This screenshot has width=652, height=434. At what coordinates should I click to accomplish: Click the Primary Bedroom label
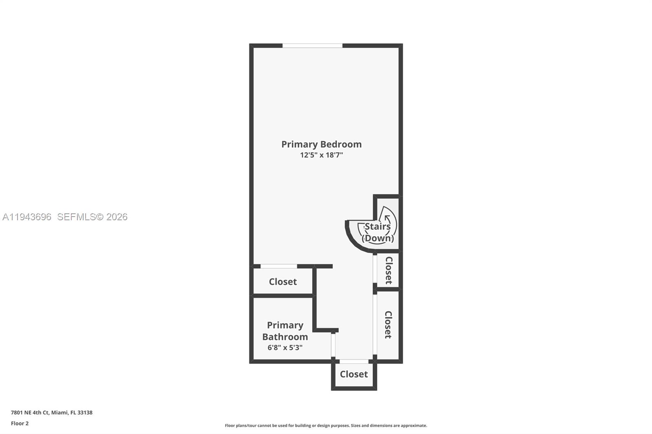coord(321,144)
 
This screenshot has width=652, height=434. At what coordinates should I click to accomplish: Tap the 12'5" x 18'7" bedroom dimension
coord(321,155)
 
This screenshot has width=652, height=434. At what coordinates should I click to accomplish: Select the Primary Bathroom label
coord(285,331)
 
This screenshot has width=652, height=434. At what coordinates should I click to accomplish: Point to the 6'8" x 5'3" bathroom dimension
coord(285,348)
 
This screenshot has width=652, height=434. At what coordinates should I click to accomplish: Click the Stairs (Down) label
coord(378,232)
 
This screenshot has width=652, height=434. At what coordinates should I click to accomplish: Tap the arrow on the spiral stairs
coord(387,219)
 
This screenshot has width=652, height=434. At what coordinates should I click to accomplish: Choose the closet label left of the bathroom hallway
coord(282,282)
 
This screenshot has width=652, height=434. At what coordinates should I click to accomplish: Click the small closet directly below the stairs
coord(388,270)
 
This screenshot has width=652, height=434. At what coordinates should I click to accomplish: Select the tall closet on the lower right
coord(388,324)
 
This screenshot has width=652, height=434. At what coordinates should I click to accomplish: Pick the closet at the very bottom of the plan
coord(354,374)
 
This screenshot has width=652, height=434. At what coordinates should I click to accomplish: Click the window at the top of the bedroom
coord(312,46)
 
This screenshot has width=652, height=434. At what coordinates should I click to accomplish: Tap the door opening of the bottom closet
coord(354,362)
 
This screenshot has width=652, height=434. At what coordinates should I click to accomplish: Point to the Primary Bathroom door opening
coord(333,345)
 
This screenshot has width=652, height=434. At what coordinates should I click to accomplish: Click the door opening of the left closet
coord(279,266)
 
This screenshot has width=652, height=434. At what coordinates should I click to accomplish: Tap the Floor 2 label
coord(20,423)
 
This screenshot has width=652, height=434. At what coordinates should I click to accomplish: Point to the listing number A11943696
coord(27,217)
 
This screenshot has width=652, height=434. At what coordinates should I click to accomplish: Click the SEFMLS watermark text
coord(92,217)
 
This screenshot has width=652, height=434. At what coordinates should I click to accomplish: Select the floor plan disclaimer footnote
coord(326,425)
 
